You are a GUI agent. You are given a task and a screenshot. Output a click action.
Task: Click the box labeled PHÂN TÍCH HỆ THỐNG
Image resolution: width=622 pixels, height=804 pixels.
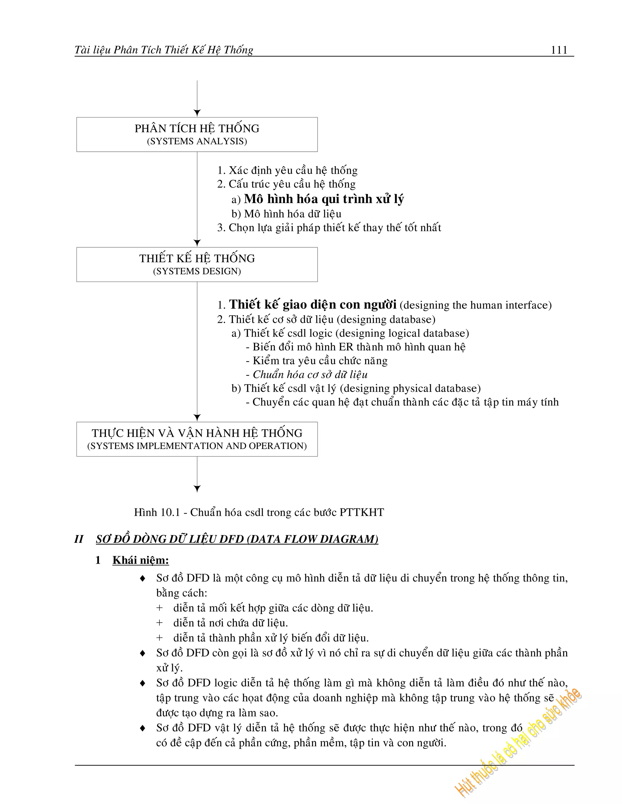click(197, 134)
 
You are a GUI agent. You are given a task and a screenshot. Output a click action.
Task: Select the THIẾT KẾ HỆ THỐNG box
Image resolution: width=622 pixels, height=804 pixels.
click(197, 264)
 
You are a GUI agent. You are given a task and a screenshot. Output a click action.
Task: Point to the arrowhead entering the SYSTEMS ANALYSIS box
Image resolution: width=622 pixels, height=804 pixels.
click(197, 113)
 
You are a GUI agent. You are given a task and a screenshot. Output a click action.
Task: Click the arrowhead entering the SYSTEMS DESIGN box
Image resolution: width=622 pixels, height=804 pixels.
click(197, 243)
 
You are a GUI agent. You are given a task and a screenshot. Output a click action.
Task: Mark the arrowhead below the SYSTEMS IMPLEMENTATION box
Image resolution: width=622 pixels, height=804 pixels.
click(197, 488)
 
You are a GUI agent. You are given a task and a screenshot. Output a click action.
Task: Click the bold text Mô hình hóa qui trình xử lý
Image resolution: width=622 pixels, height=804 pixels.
click(323, 199)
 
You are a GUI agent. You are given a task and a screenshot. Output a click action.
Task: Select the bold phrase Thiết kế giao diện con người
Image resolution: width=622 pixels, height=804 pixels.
click(313, 305)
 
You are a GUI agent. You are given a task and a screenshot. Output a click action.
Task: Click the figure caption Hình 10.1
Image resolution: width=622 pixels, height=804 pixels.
click(259, 512)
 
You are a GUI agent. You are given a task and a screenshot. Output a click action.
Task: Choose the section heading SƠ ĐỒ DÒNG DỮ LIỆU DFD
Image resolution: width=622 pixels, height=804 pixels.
click(237, 539)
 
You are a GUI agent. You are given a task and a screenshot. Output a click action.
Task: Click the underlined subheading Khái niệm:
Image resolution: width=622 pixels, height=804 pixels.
click(141, 560)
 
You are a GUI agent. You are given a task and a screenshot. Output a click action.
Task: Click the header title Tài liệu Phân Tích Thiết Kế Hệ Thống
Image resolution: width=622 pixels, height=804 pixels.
click(164, 50)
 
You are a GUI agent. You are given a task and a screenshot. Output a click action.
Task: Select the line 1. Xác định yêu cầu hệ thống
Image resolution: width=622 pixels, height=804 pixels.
click(287, 171)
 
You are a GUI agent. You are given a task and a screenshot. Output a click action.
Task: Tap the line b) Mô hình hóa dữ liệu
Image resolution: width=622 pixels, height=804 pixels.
click(286, 214)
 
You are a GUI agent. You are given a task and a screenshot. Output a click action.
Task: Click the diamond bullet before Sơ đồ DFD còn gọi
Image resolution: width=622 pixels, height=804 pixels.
click(143, 654)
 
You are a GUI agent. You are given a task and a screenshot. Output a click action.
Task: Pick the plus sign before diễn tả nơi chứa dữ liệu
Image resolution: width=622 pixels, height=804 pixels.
click(159, 623)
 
